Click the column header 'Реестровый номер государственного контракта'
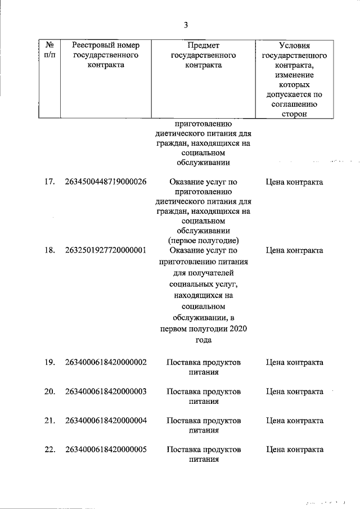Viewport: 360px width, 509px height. click(x=106, y=55)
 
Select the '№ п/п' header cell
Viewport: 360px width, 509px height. click(x=49, y=49)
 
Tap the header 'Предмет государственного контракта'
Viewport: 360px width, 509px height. click(x=203, y=55)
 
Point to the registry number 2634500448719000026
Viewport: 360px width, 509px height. click(x=106, y=182)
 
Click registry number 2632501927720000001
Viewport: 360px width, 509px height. click(x=106, y=250)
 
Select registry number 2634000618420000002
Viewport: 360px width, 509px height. click(x=106, y=362)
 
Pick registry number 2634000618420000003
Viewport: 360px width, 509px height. click(x=106, y=391)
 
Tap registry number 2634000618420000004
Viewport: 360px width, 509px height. click(x=106, y=421)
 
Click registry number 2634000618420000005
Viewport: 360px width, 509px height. click(x=106, y=450)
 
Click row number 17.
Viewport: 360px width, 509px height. click(x=49, y=182)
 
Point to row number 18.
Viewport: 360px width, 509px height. click(x=49, y=250)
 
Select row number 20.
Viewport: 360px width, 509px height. click(x=49, y=391)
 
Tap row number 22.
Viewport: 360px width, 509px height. click(x=49, y=450)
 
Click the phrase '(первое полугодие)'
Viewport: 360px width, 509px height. click(x=204, y=241)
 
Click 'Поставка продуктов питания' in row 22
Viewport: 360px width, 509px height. click(x=204, y=454)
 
